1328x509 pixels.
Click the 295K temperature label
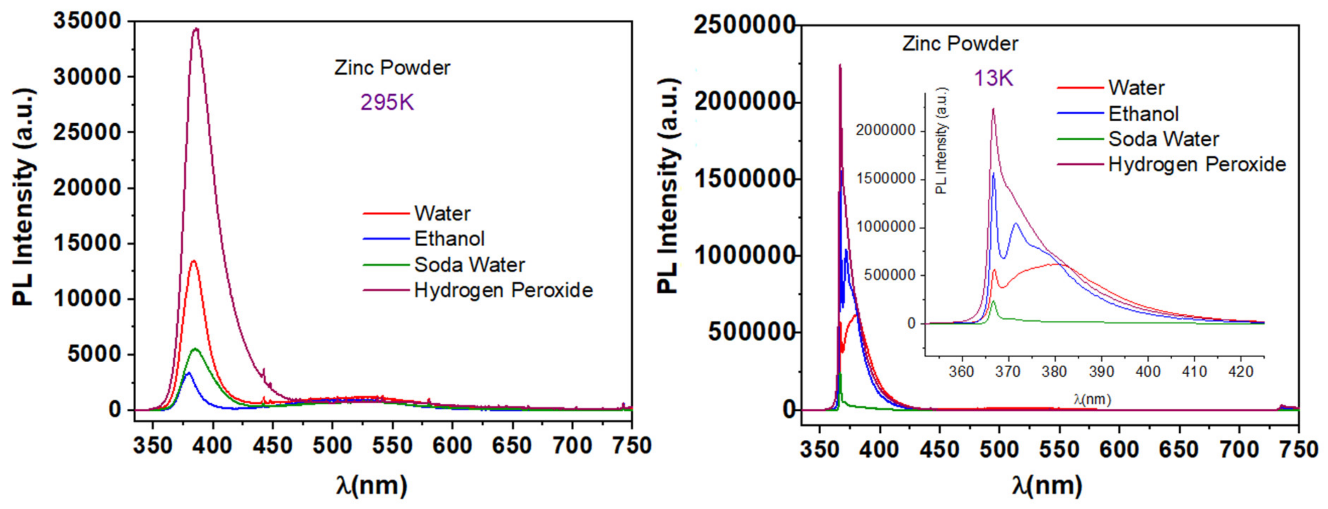coord(387,103)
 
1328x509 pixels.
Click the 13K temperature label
coord(993,78)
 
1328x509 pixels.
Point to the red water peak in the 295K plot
coord(194,262)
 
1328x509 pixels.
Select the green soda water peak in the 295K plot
coord(195,349)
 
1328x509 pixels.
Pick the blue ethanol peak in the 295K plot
coord(188,373)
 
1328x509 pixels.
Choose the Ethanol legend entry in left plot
coord(449,239)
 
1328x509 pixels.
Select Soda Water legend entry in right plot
coord(1163,139)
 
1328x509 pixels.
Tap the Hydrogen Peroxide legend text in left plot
coord(503,291)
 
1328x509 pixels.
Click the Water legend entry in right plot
coord(1136,88)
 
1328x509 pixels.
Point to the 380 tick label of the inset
coord(1054,371)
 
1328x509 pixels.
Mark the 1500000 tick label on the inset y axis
coord(886,179)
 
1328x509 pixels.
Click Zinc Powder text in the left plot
coord(392,68)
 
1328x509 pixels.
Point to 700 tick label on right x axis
coord(1238,450)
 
